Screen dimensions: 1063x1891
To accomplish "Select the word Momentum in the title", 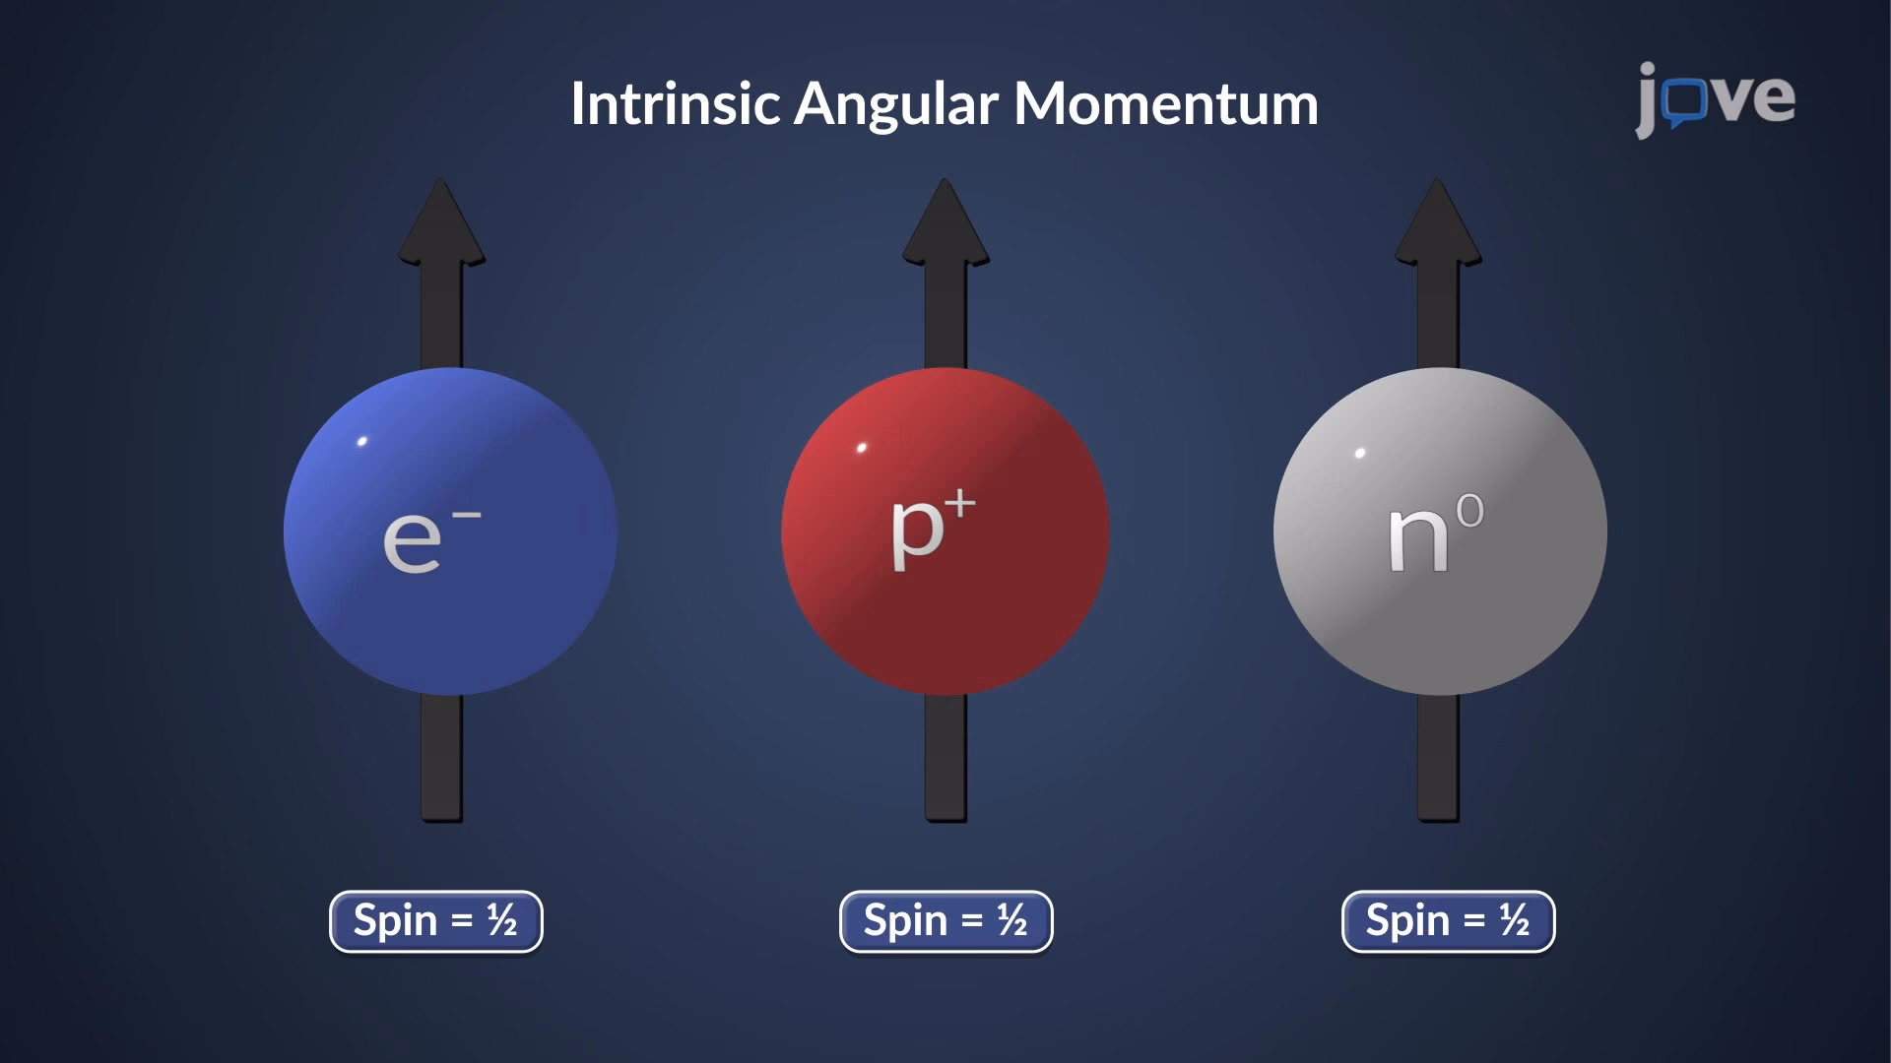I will point(1166,103).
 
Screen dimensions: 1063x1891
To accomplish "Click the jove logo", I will point(1715,99).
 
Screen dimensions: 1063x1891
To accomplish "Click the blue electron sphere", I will point(450,591).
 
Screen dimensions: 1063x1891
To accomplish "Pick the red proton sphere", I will point(945,600).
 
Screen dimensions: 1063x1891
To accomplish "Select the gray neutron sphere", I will point(1439,600).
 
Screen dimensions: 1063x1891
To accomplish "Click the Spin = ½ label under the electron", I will point(435,921).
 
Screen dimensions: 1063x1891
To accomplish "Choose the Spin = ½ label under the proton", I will point(945,921).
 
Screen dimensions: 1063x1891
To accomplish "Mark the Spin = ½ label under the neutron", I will point(1448,921).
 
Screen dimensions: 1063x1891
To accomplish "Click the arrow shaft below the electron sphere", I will point(441,758).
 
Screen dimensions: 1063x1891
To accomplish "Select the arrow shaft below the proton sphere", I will point(945,758).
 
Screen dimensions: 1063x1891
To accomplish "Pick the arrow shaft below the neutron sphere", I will point(1438,758).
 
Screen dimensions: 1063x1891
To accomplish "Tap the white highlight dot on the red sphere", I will point(862,448).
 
